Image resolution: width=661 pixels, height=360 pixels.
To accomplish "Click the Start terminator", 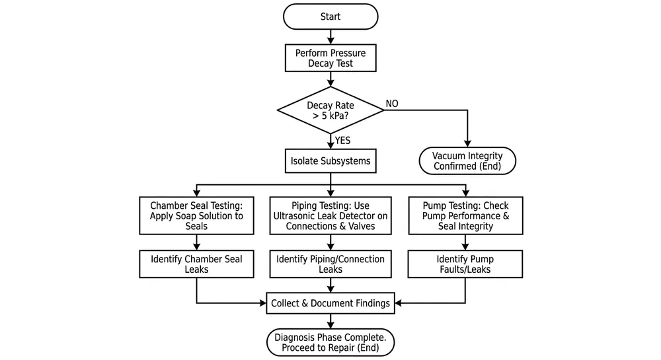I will (x=330, y=17).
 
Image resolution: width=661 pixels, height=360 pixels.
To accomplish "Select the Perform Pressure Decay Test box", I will (x=330, y=58).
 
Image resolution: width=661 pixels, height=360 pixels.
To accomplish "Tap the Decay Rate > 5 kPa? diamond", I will (x=330, y=110).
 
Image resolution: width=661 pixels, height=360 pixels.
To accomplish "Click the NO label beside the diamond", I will (x=392, y=104).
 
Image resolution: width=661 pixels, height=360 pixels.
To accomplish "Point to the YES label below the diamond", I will (x=343, y=140).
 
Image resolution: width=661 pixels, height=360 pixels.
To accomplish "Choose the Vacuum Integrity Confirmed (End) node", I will (x=467, y=161).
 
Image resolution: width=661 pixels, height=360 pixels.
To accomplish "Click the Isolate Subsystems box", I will (x=330, y=161).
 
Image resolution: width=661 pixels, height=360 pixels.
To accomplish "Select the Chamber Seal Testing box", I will (x=197, y=215).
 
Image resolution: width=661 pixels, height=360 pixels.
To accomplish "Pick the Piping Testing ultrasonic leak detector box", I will (x=330, y=215).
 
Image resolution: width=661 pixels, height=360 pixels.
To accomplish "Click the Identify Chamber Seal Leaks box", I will (x=197, y=264).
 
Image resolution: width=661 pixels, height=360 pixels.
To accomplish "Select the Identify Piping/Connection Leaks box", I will (x=330, y=264).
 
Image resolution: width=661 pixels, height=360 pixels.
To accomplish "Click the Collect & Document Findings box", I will (x=330, y=304).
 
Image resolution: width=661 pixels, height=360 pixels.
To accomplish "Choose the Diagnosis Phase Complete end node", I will (x=330, y=342).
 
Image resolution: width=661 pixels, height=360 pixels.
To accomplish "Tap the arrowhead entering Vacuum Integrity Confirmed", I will (x=467, y=143).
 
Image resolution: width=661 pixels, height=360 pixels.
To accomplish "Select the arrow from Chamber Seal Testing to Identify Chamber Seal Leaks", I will (x=197, y=242).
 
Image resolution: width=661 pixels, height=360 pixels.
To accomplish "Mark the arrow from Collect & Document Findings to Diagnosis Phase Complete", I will (x=330, y=322).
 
